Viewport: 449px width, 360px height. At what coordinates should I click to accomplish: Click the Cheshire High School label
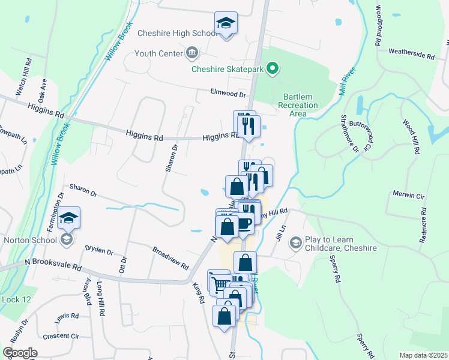tap(176, 34)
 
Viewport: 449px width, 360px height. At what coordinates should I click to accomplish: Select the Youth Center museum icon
tap(191, 53)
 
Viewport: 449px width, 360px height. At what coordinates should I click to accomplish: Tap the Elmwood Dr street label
tap(229, 94)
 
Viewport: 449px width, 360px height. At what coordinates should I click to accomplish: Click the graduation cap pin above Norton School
tap(70, 219)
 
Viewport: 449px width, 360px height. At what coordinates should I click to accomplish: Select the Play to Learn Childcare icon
tap(295, 242)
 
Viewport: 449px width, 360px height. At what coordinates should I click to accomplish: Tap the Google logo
tap(20, 353)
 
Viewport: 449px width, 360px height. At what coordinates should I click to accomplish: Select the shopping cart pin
tap(219, 283)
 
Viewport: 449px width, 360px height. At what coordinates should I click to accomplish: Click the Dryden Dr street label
tap(99, 250)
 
